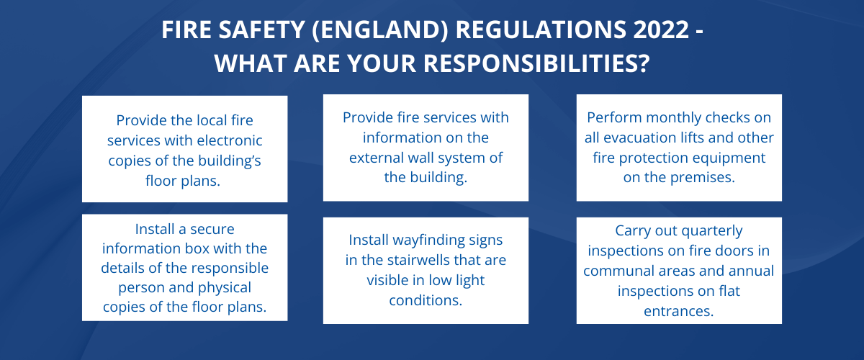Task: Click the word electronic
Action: click(x=230, y=140)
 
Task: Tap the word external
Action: click(x=382, y=158)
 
